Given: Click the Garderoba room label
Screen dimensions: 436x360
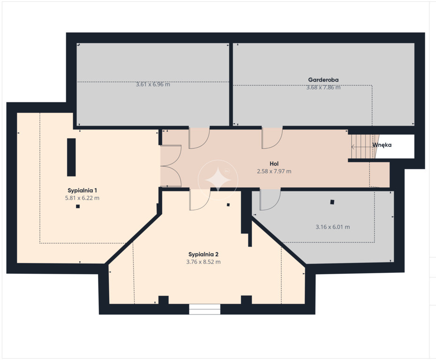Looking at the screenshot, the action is [x=323, y=80].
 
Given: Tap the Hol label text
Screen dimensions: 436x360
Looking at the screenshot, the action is [x=274, y=164].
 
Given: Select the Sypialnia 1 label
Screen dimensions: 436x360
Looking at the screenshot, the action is [x=83, y=191].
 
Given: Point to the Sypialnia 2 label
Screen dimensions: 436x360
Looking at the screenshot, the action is [x=203, y=255].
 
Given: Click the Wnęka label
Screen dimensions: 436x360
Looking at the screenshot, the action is [x=382, y=145].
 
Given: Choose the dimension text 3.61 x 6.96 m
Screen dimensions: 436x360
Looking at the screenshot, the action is [x=153, y=84].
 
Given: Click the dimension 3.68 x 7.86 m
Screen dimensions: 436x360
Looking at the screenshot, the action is [x=323, y=87].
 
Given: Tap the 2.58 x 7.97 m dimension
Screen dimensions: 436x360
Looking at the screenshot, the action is [x=274, y=171].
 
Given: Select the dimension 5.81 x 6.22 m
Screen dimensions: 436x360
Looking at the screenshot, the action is [x=82, y=198].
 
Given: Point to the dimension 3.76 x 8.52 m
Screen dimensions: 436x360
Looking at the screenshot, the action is [x=203, y=262].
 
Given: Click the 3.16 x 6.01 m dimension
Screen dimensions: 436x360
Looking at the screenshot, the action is [x=332, y=227].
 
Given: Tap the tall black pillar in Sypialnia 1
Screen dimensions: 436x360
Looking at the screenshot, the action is [x=71, y=157].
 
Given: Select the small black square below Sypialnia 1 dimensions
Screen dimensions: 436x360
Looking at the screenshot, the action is [x=78, y=206].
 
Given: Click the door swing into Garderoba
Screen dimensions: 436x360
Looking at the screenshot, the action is [x=272, y=138].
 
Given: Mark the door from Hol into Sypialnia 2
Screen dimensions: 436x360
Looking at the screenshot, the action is [x=200, y=199].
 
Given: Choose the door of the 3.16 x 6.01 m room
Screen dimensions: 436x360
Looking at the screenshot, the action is [x=270, y=199].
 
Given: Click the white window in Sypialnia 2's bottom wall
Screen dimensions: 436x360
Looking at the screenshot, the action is [x=204, y=309].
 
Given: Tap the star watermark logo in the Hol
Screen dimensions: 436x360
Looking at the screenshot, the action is [x=218, y=180].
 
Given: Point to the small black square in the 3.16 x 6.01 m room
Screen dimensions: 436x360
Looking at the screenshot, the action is [x=332, y=202].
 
